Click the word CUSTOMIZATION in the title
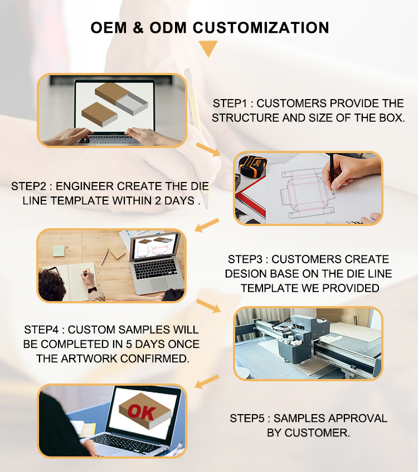click(261, 28)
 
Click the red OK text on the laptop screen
click(142, 412)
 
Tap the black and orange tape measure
click(252, 166)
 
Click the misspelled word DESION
click(246, 274)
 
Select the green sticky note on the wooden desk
click(59, 250)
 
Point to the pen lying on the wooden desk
click(105, 257)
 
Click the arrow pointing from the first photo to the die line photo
click(208, 150)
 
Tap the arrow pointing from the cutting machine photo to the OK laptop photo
click(207, 381)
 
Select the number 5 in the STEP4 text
click(129, 344)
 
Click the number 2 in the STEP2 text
click(158, 200)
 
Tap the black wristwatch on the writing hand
click(92, 290)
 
